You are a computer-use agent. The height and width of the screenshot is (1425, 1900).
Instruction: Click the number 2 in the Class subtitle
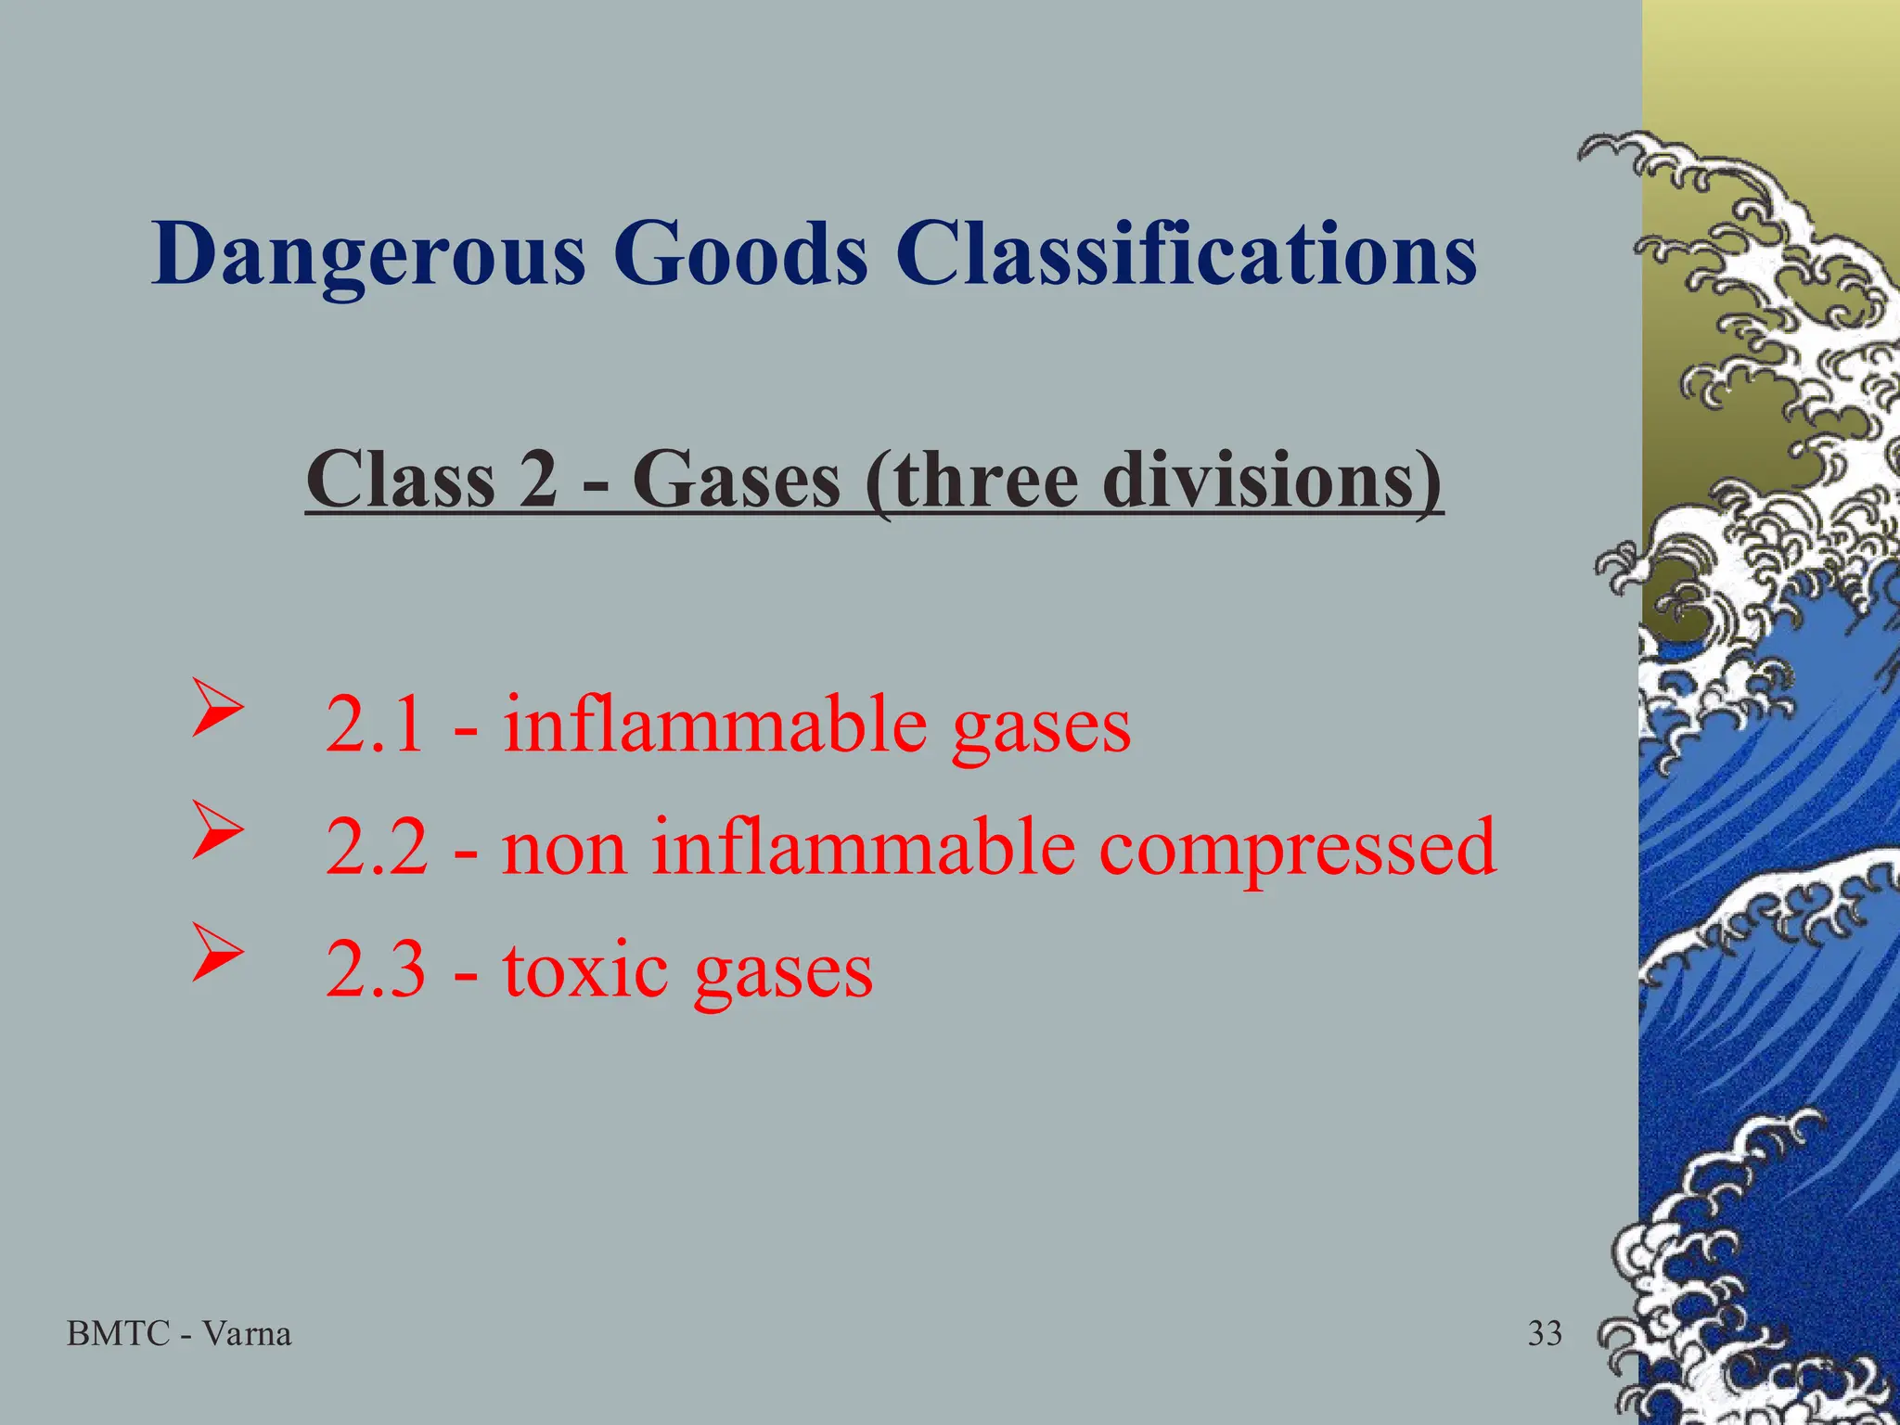pos(539,480)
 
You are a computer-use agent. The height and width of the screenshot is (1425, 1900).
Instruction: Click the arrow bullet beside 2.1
pos(217,710)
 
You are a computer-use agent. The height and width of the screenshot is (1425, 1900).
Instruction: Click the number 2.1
pos(375,725)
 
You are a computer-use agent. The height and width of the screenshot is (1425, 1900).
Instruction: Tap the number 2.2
pos(377,848)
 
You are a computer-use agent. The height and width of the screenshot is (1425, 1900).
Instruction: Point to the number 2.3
pos(376,970)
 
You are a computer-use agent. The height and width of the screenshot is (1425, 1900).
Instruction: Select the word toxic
pos(585,970)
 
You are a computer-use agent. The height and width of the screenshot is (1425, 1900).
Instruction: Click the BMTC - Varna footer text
pos(179,1334)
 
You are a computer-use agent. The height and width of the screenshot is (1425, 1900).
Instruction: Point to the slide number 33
pos(1545,1334)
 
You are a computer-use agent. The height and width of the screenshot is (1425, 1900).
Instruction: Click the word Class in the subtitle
pos(401,480)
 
